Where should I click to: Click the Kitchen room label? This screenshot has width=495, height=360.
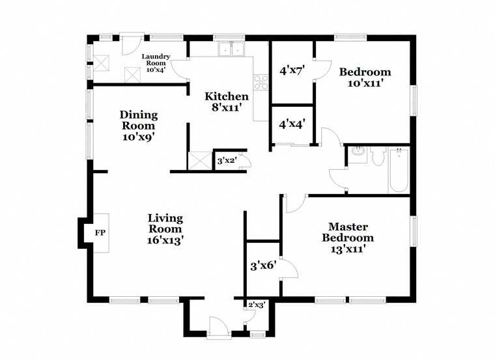coord(227,96)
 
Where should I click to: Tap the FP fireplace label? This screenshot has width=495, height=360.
coord(100,233)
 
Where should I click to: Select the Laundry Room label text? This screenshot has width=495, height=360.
coord(156,60)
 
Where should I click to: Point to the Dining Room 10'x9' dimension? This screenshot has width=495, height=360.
coord(139,137)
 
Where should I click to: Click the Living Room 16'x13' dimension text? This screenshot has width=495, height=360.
coord(165,240)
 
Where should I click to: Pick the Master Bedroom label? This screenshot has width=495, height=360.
coord(348,232)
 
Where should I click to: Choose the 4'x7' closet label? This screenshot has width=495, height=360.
coord(292,70)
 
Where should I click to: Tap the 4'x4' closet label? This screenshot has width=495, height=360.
coord(292,124)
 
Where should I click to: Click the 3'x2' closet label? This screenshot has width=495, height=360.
coord(227,161)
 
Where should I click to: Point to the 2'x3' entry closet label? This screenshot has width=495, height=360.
coord(257,305)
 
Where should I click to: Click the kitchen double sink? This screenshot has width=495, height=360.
coord(231,49)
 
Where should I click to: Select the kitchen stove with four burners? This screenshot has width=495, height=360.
coord(261,82)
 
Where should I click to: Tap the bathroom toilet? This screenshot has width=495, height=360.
coord(378,156)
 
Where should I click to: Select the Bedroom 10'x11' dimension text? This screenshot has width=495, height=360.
coord(365,83)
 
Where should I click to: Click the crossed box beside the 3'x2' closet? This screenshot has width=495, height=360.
coord(199,161)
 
